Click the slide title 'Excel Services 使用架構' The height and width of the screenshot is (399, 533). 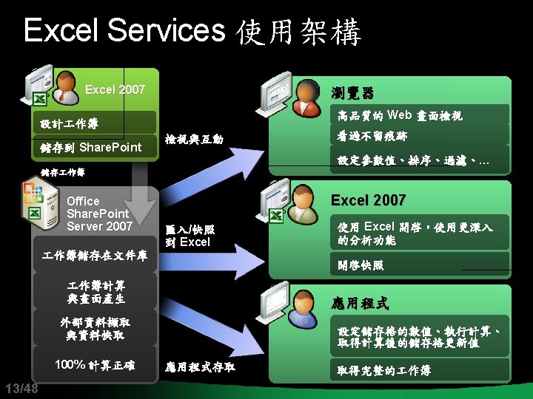192,32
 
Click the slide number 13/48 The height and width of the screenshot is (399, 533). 21,389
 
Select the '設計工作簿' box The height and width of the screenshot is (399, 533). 96,123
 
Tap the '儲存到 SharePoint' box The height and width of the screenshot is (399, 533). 96,147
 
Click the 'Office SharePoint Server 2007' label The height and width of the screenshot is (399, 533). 99,214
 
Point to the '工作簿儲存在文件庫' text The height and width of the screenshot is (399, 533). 95,256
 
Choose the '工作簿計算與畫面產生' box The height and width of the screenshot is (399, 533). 95,292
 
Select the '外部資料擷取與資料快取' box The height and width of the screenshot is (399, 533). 95,329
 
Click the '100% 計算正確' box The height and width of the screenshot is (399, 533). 95,364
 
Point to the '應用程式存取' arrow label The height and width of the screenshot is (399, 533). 201,365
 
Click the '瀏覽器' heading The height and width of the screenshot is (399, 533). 352,93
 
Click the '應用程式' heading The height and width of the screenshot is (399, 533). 359,304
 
